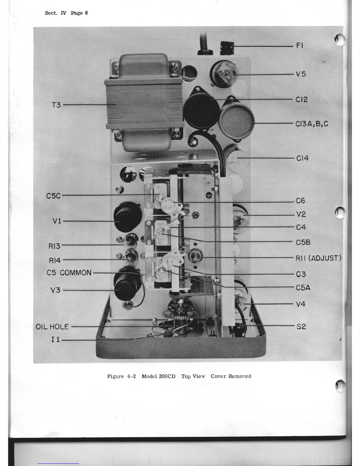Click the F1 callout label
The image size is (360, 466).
coord(299,46)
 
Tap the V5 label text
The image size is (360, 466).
coord(301,74)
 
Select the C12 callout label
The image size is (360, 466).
coord(301,99)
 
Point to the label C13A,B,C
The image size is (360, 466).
coord(312,124)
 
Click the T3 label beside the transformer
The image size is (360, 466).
coord(56,105)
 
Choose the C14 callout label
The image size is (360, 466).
coord(302,158)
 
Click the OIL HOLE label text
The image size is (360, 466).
coord(52,327)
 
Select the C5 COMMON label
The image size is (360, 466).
coord(69,273)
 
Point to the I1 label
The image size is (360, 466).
coord(56,339)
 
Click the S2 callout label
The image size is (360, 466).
coord(301,326)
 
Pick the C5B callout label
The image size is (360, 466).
coord(303,242)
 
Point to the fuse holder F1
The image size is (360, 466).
coord(227,47)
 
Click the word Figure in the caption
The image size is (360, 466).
coord(115,376)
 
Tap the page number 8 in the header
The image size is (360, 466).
coord(86,13)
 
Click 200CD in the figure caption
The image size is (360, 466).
coord(167,376)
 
